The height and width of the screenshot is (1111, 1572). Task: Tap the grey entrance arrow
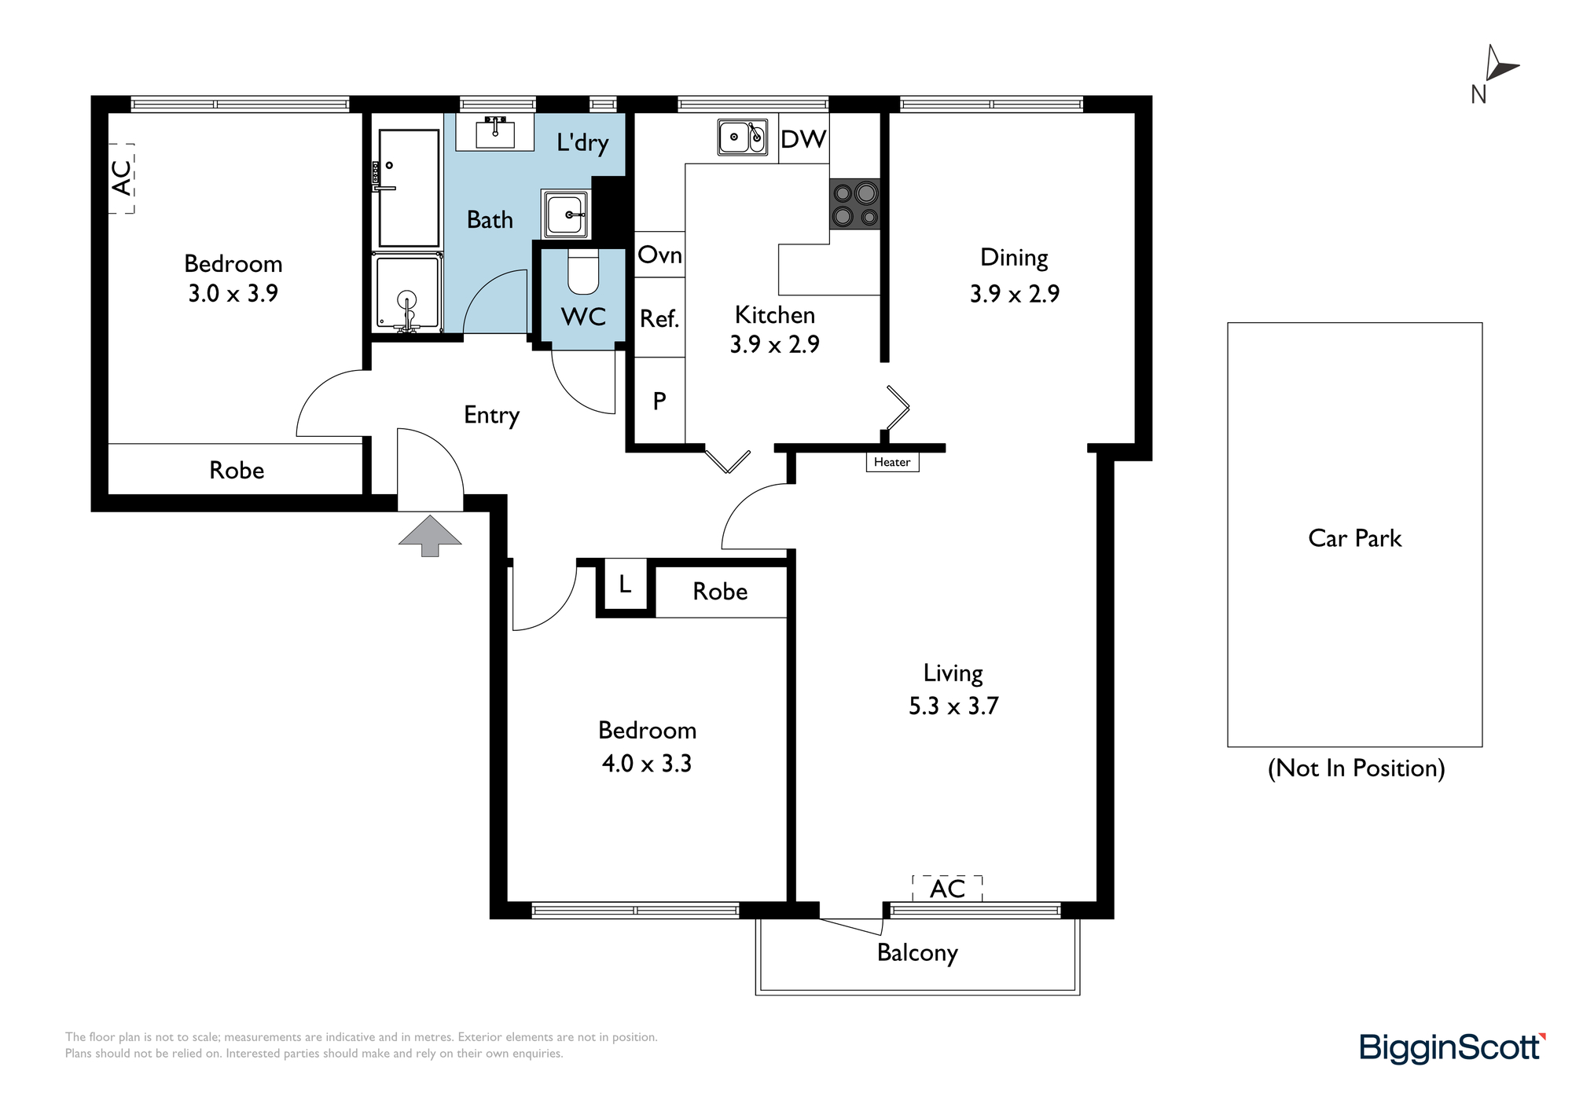430,535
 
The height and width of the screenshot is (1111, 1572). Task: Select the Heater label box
892,462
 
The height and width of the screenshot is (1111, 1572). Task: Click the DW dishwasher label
803,139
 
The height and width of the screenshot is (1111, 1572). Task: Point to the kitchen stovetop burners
855,204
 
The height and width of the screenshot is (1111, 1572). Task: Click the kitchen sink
743,137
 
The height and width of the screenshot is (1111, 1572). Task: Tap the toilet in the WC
583,270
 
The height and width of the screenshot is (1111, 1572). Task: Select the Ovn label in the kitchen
659,255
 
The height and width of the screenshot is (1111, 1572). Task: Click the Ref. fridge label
659,318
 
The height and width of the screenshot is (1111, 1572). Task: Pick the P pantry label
659,401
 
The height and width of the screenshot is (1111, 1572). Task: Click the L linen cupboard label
625,584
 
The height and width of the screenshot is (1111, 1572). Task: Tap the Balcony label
917,953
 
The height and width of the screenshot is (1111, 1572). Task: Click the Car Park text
1355,538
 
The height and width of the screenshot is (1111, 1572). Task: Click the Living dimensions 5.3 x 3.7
953,706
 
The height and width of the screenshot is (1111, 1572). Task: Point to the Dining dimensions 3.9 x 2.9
1015,294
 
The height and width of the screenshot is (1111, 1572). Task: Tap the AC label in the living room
947,889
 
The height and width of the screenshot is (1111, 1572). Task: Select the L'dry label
582,142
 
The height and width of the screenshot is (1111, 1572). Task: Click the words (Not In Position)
1357,768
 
